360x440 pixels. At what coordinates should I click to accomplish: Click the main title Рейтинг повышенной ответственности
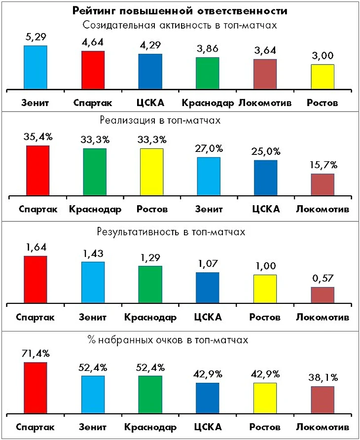click(180, 11)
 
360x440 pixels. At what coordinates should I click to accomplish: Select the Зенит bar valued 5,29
click(36, 68)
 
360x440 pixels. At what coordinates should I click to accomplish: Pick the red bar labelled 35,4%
click(38, 171)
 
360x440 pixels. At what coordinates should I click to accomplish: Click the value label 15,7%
click(323, 164)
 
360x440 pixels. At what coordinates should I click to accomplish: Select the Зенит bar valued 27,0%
click(209, 177)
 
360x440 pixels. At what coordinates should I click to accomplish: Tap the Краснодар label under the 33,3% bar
click(95, 209)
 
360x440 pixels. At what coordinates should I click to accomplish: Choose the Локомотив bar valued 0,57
click(323, 295)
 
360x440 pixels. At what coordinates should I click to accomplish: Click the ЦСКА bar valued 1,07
click(207, 288)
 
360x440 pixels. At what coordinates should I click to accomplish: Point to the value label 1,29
click(150, 257)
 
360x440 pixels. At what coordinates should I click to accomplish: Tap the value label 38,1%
click(323, 377)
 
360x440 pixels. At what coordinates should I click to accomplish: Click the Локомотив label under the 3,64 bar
click(265, 103)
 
